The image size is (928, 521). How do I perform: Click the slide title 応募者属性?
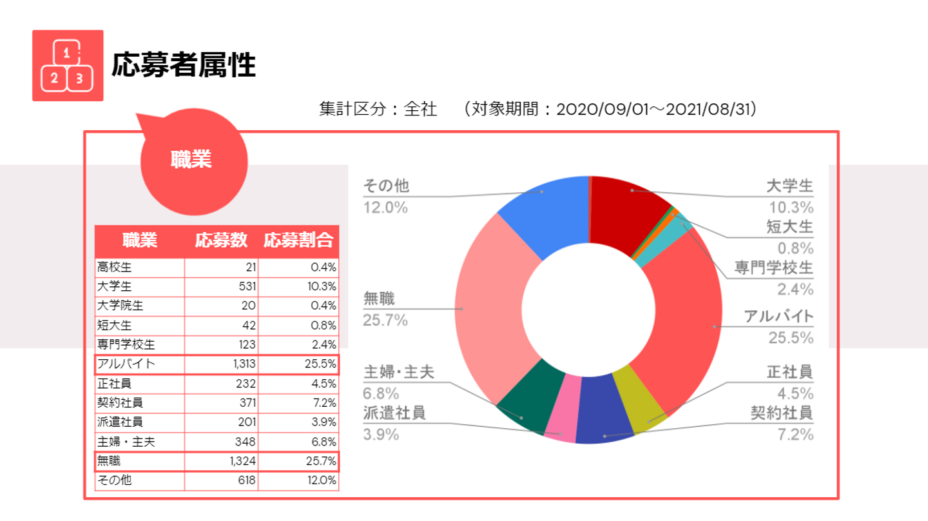coord(184,65)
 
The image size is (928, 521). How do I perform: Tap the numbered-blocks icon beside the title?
coord(68,65)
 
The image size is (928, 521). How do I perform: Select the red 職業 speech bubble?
coord(191,160)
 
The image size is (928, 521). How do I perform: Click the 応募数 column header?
coord(221,241)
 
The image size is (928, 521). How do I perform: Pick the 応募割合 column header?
coord(298,241)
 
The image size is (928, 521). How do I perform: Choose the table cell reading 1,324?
coord(244,462)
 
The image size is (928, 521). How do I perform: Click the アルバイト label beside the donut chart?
coord(778,317)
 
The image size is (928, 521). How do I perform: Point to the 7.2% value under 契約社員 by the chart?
coord(795,434)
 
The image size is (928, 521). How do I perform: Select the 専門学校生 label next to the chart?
coord(773,267)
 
